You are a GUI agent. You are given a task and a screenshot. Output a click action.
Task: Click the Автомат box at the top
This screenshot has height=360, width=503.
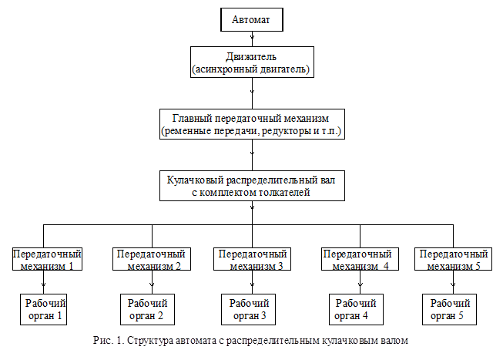(251, 19)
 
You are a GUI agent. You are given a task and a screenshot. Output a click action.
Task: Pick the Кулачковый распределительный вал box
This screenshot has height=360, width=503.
(251, 186)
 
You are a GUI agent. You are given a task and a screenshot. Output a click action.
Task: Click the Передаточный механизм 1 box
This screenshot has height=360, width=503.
(47, 259)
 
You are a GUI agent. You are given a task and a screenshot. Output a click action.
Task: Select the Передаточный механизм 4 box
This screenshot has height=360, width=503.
(356, 259)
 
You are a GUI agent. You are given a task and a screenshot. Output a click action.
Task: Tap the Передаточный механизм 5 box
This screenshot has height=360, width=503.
(452, 259)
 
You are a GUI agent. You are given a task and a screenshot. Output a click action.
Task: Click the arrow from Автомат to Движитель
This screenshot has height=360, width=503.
(251, 38)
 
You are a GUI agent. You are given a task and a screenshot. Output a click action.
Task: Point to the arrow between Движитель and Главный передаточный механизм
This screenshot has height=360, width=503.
(251, 94)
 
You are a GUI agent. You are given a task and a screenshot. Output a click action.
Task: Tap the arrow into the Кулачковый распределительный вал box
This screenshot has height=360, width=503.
(251, 156)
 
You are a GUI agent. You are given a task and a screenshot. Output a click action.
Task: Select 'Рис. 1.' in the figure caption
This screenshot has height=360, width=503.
(106, 339)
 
